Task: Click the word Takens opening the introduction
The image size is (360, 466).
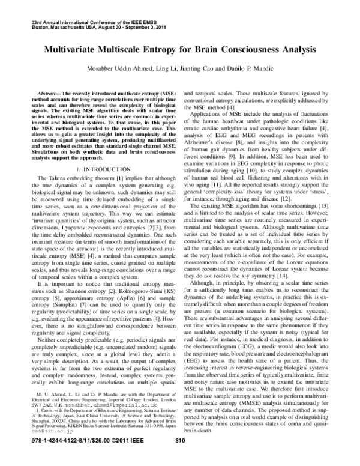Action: [58, 178]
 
